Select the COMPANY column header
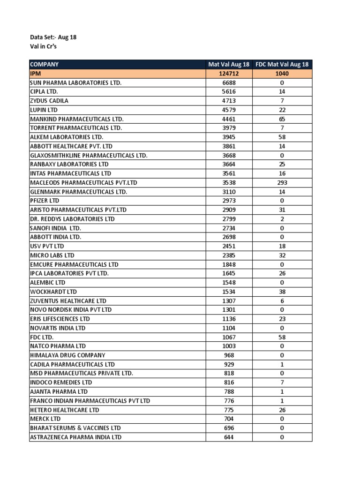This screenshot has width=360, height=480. pyautogui.click(x=45, y=64)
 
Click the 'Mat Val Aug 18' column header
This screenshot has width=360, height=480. pyautogui.click(x=229, y=64)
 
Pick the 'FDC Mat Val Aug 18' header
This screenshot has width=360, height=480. pyautogui.click(x=282, y=64)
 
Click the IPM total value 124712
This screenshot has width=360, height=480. pyautogui.click(x=229, y=74)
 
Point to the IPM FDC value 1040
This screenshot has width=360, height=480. pyautogui.click(x=282, y=74)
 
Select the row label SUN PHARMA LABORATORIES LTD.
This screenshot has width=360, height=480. pyautogui.click(x=75, y=82)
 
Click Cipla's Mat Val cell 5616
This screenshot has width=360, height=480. pyautogui.click(x=229, y=92)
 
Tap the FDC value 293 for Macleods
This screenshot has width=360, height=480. pyautogui.click(x=282, y=183)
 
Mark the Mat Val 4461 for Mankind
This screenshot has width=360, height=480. pyautogui.click(x=229, y=119)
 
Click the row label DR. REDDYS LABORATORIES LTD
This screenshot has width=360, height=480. pyautogui.click(x=72, y=219)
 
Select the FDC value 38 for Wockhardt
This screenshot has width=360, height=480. pyautogui.click(x=282, y=292)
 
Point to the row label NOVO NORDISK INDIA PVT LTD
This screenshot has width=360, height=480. pyautogui.click(x=71, y=310)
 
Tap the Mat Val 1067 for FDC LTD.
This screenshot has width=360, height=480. pyautogui.click(x=229, y=337)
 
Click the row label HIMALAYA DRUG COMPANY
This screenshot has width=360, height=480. pyautogui.click(x=67, y=355)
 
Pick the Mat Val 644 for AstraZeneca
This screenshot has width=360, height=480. pyautogui.click(x=229, y=437)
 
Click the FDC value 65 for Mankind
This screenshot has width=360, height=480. pyautogui.click(x=282, y=119)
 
